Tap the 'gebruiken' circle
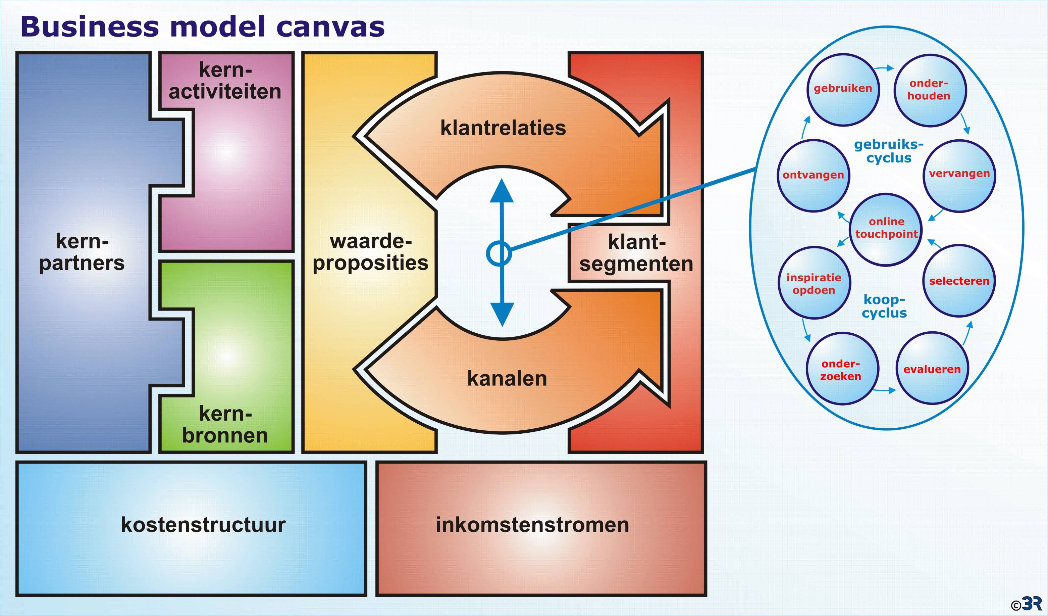click(843, 90)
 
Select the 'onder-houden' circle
click(930, 90)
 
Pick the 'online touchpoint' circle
click(886, 229)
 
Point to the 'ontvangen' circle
click(813, 176)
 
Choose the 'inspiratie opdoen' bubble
click(814, 283)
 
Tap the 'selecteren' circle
click(959, 281)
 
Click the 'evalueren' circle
click(932, 368)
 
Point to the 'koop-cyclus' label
click(884, 306)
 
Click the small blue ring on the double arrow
click(499, 253)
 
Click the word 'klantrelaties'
click(503, 128)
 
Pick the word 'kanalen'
click(507, 378)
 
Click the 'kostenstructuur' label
click(203, 525)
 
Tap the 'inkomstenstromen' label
click(532, 525)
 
